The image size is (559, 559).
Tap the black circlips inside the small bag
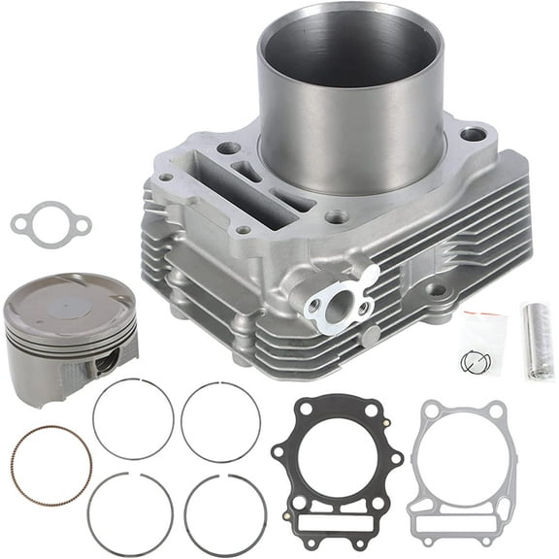pos(476,362)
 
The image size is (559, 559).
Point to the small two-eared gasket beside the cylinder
pos(50,223)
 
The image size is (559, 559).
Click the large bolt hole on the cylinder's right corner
pos(473,134)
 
